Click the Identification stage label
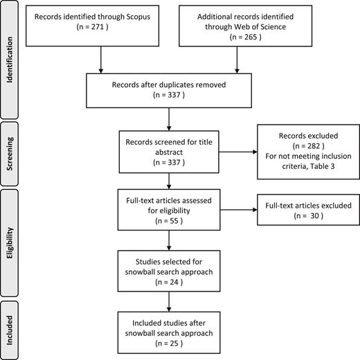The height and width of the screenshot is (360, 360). click(10, 60)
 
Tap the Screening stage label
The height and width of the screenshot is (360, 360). click(10, 154)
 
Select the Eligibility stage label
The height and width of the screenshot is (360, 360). click(10, 243)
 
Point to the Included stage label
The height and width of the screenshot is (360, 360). click(10, 330)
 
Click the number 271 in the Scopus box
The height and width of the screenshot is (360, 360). click(98, 27)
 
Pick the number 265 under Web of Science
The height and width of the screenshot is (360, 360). click(251, 37)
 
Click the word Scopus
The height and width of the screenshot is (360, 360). click(138, 17)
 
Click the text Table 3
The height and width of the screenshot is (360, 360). click(322, 166)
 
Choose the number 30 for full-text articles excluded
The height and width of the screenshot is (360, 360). click(314, 216)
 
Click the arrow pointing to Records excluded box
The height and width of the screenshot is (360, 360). click(238, 152)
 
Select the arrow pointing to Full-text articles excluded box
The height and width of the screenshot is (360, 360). click(239, 210)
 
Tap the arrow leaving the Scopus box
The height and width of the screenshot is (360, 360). click(101, 60)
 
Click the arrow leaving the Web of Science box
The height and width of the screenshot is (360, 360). click(237, 60)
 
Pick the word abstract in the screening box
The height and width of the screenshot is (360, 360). click(169, 152)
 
